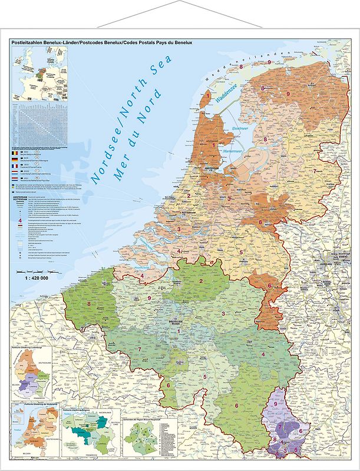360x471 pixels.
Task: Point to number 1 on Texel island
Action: coord(207,95)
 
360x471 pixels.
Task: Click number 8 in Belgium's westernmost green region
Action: coord(89,304)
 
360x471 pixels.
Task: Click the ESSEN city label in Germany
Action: coord(342,256)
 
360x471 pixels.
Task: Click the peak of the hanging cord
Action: coord(180,4)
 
